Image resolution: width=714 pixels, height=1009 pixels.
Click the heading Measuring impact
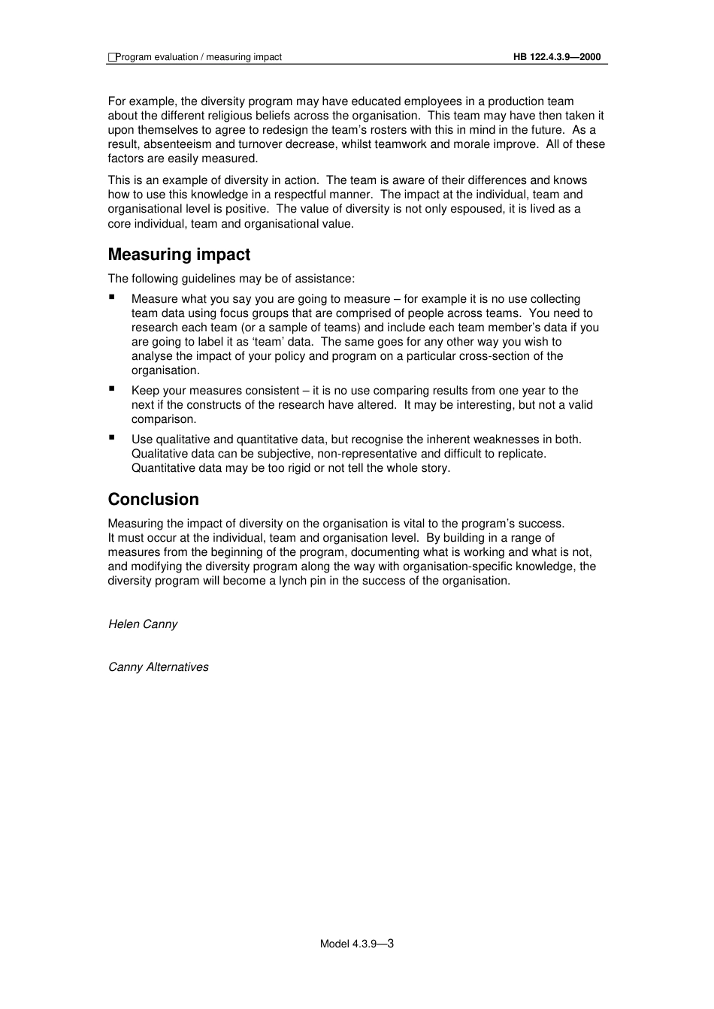[179, 255]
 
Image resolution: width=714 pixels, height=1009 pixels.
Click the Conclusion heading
[153, 500]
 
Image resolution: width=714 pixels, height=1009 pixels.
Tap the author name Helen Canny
[143, 624]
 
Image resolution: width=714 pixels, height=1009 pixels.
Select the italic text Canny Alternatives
[159, 667]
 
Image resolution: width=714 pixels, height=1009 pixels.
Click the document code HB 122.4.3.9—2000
[557, 57]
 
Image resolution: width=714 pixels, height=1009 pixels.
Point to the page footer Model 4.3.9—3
[357, 944]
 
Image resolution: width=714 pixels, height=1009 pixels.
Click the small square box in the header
[112, 57]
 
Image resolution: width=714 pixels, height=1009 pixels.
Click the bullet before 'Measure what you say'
[112, 297]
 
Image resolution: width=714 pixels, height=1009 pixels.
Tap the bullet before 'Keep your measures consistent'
[112, 388]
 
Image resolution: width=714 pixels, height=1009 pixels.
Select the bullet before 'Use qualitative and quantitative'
[112, 437]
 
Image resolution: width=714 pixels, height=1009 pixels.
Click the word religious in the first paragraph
[289, 116]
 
